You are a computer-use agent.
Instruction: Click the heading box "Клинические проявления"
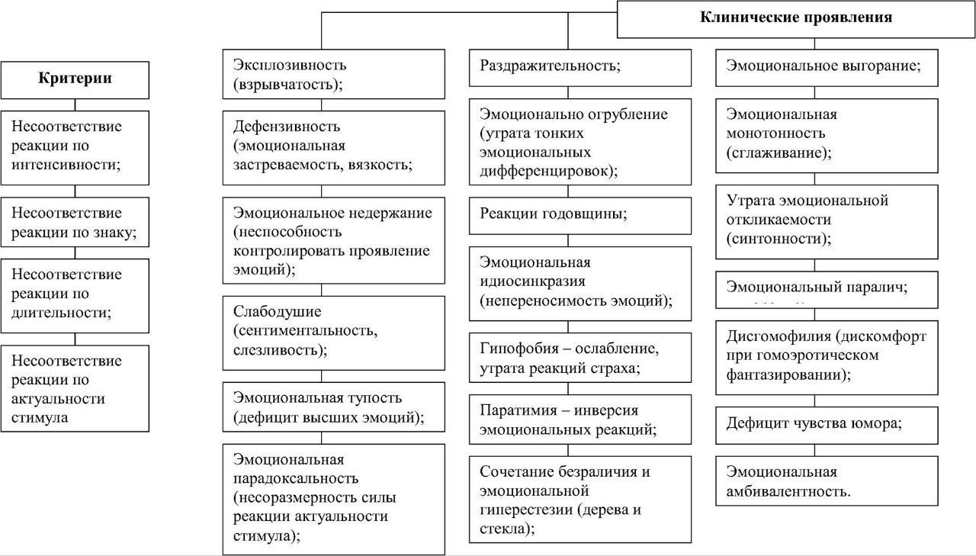796,18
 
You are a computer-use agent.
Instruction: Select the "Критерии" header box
75,79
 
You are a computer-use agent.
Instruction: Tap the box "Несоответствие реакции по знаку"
75,223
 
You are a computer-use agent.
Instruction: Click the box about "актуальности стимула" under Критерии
75,388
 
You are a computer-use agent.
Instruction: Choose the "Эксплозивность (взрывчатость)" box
333,74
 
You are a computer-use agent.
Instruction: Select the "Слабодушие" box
333,331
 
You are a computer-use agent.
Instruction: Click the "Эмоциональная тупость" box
333,407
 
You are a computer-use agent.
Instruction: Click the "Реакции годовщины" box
580,214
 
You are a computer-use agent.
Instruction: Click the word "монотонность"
777,133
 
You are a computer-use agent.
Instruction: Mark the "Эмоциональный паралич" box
827,288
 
